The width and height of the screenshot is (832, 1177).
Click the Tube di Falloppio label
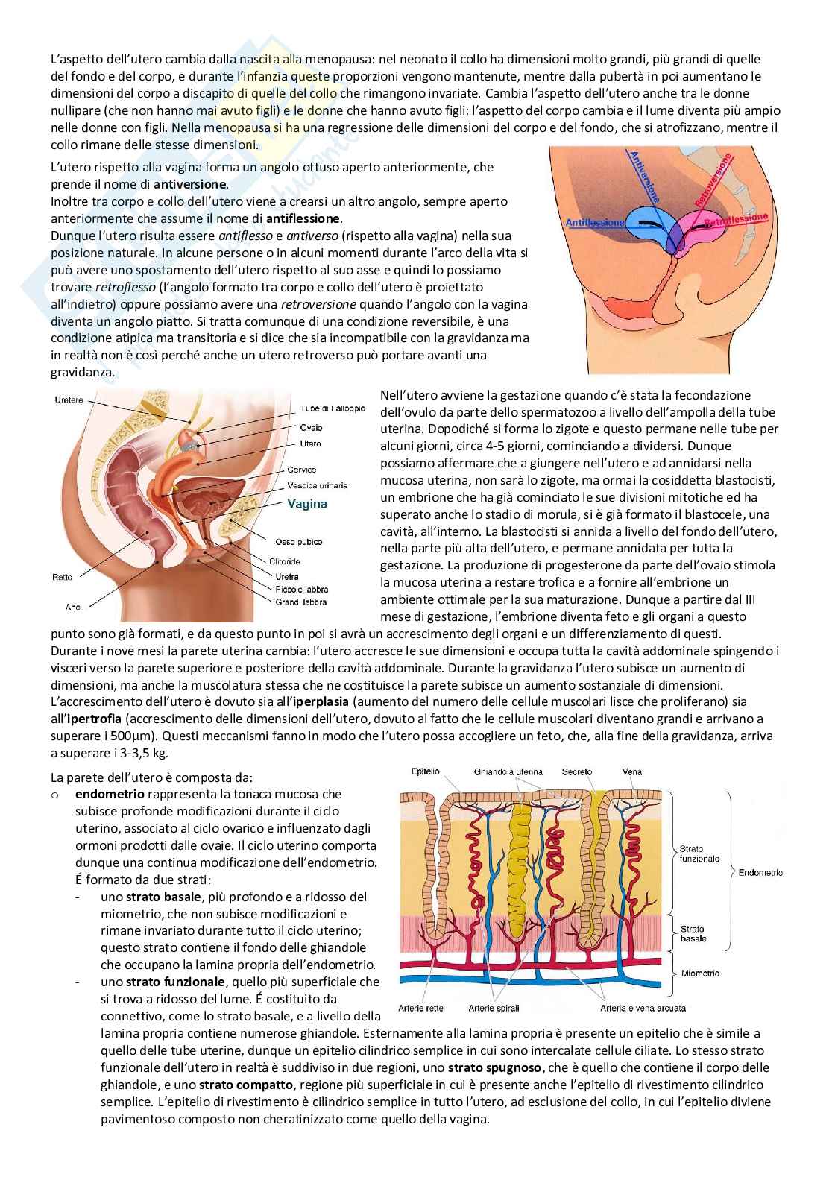coord(332,408)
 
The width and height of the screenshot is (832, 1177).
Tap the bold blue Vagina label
coord(307,503)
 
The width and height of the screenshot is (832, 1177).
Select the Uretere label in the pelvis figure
coord(69,400)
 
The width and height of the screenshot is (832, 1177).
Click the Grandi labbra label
coord(300,602)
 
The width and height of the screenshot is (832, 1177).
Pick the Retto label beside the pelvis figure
coord(63,577)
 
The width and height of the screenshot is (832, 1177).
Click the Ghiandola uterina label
coord(508,772)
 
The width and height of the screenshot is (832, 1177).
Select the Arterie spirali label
coord(494,1009)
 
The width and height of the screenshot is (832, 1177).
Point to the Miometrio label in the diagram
coord(700,973)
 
